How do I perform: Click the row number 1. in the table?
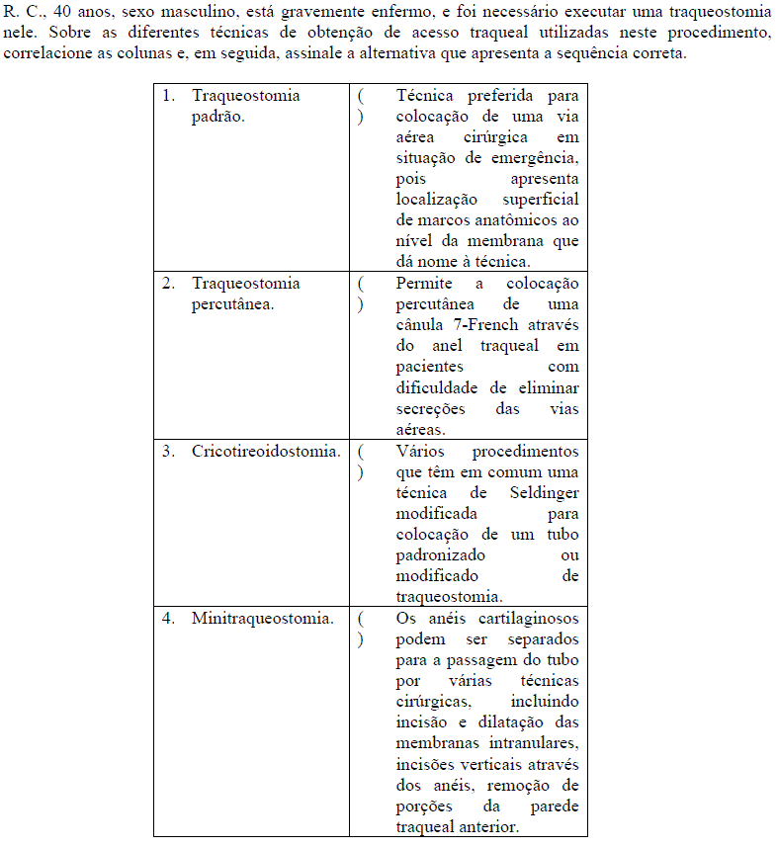[x=169, y=96]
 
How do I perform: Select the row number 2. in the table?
[x=169, y=284]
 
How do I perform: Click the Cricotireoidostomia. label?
[x=266, y=451]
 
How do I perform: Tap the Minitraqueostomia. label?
[x=262, y=619]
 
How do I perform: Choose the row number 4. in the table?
[x=169, y=619]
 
